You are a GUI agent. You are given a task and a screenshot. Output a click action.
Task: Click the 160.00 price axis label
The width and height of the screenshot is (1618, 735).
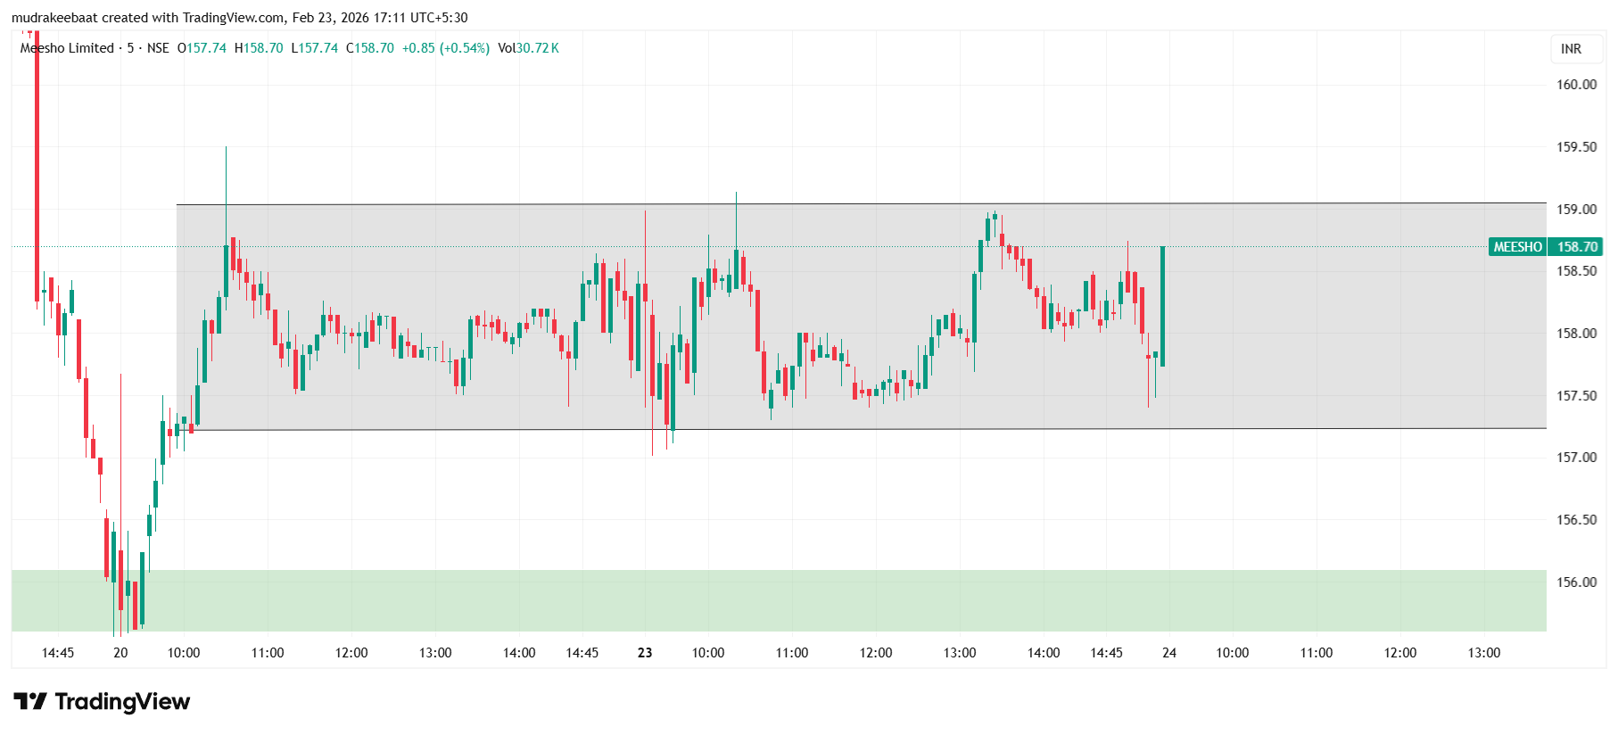point(1576,85)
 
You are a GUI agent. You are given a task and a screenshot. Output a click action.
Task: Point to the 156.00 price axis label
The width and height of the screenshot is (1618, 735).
point(1576,582)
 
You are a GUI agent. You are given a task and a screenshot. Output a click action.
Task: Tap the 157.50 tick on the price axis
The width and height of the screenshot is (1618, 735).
point(1576,396)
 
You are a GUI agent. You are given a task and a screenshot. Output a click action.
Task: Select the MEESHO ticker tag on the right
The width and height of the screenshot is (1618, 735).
point(1517,247)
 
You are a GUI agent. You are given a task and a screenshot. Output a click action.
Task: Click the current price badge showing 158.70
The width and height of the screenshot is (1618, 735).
point(1576,247)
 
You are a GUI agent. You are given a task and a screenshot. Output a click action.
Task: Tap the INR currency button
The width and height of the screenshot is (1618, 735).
point(1571,49)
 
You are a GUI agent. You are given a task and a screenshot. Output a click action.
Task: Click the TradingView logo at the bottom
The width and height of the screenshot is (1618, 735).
point(102,702)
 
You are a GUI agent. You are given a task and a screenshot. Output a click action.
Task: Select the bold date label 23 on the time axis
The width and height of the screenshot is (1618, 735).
point(645,653)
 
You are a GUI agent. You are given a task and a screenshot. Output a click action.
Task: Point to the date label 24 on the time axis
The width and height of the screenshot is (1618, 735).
point(1168,653)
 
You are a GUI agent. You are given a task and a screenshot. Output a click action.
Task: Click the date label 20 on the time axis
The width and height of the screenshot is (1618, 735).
point(120,653)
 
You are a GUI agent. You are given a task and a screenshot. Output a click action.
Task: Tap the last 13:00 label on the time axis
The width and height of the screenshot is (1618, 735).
point(1483,653)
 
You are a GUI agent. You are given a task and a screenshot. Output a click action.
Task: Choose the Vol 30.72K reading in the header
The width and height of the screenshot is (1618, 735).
point(528,48)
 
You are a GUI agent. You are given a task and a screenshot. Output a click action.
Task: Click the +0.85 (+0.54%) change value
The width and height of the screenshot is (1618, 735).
point(445,48)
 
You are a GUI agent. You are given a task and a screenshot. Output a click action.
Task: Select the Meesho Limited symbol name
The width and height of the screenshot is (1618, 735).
point(67,48)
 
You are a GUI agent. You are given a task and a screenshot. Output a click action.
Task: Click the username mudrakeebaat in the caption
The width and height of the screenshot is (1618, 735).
point(53,18)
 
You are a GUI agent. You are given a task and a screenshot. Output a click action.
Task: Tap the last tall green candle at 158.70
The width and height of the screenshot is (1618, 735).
point(1162,306)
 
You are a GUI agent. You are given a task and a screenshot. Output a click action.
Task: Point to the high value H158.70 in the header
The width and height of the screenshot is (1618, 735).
point(259,48)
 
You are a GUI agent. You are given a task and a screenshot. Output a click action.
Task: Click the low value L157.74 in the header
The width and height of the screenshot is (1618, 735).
point(315,48)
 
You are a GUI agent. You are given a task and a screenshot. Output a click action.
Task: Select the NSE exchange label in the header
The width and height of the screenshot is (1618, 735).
point(158,48)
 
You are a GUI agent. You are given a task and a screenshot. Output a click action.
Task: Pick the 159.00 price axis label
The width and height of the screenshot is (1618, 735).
point(1576,210)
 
